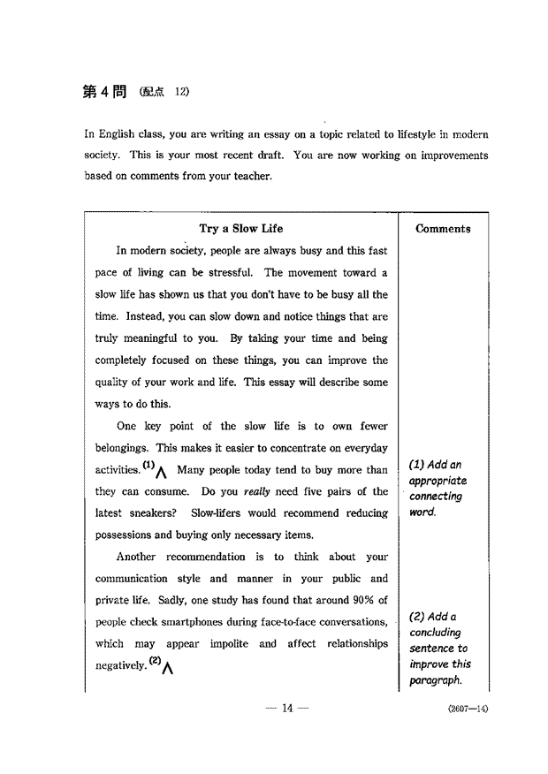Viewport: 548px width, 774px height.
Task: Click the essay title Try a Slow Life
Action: tap(241, 229)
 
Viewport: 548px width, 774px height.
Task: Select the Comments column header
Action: tap(443, 229)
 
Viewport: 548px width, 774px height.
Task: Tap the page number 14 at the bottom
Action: tap(286, 708)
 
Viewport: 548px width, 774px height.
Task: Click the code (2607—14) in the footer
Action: tap(468, 709)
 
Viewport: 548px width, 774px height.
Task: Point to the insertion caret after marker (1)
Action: tap(162, 473)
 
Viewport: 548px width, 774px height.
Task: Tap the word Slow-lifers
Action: tap(216, 513)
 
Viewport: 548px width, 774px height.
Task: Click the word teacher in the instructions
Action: tap(250, 176)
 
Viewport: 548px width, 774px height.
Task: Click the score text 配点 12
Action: tap(164, 93)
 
